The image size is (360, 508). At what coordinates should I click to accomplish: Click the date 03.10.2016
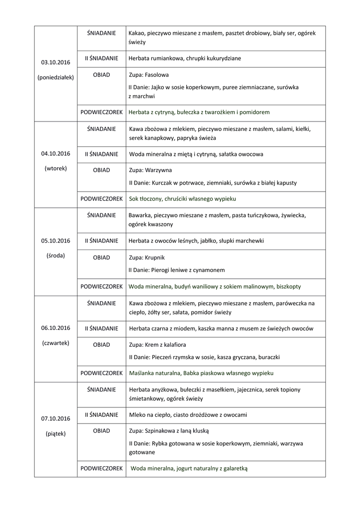click(x=56, y=63)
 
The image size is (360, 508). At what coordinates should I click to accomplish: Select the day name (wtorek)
click(x=56, y=168)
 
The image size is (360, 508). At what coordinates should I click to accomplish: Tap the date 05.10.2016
click(x=56, y=241)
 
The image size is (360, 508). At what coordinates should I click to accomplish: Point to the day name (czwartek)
click(x=56, y=343)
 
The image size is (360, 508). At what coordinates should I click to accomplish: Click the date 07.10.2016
click(x=56, y=419)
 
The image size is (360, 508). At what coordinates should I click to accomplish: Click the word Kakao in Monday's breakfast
click(x=137, y=33)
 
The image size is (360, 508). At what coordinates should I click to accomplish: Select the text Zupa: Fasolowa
click(x=148, y=75)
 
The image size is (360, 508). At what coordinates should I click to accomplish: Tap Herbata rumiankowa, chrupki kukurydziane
click(x=185, y=59)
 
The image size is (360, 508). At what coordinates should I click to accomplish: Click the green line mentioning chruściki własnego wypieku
click(x=182, y=199)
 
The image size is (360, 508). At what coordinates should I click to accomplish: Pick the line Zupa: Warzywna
click(x=150, y=170)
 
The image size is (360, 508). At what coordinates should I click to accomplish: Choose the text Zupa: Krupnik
click(x=146, y=258)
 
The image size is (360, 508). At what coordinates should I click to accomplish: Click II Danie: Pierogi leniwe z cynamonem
click(x=176, y=270)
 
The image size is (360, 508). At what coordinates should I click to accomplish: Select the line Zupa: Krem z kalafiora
click(x=157, y=345)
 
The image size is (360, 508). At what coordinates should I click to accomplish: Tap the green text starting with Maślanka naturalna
click(x=201, y=373)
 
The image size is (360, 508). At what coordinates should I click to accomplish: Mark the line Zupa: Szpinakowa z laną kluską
click(x=168, y=431)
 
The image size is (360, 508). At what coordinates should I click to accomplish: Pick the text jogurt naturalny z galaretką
click(x=212, y=468)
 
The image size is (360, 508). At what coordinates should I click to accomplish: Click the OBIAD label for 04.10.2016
click(x=101, y=170)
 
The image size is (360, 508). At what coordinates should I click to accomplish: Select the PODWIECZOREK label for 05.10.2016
click(x=101, y=287)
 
